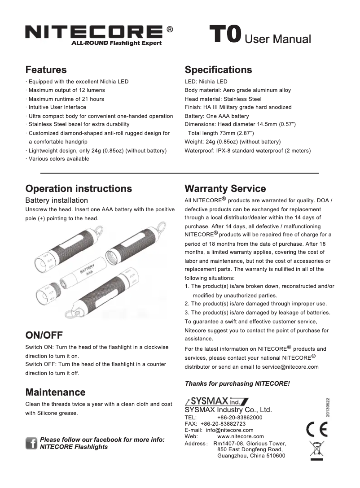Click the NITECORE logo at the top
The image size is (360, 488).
94,32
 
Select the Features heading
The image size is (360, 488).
46,70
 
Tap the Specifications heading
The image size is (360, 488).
218,70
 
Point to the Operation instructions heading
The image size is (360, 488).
79,188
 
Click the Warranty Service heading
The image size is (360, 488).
225,188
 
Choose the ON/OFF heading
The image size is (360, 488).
44,335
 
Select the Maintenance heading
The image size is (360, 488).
55,392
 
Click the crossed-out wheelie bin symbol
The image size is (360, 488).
316,450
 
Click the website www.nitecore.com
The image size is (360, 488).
240,436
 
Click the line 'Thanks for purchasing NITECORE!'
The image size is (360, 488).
237,383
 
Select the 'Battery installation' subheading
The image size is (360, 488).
57,200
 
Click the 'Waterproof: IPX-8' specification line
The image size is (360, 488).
247,150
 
